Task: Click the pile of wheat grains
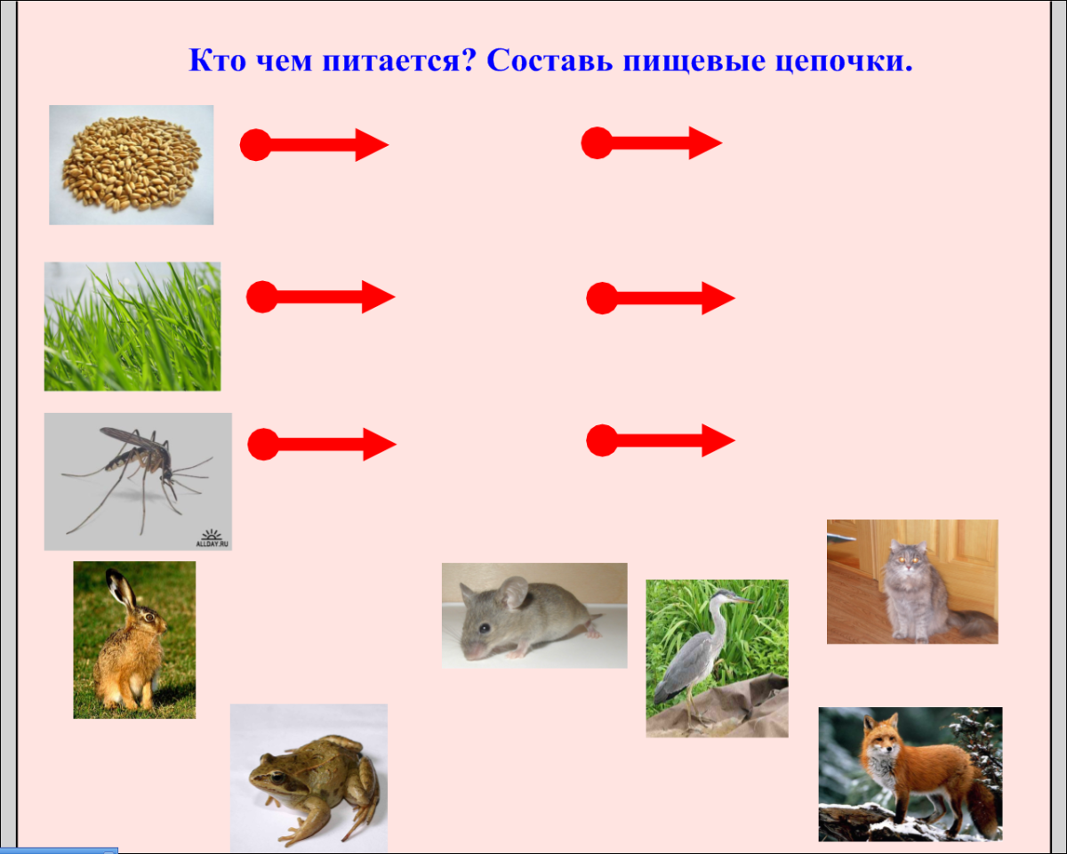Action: click(x=132, y=164)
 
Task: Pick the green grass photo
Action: click(x=132, y=326)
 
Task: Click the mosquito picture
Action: click(x=138, y=480)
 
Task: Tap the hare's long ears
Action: click(x=119, y=591)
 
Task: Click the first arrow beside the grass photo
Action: click(x=320, y=297)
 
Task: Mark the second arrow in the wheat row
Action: click(x=652, y=142)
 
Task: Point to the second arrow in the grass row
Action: click(x=661, y=298)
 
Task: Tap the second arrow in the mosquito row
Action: click(x=661, y=439)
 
